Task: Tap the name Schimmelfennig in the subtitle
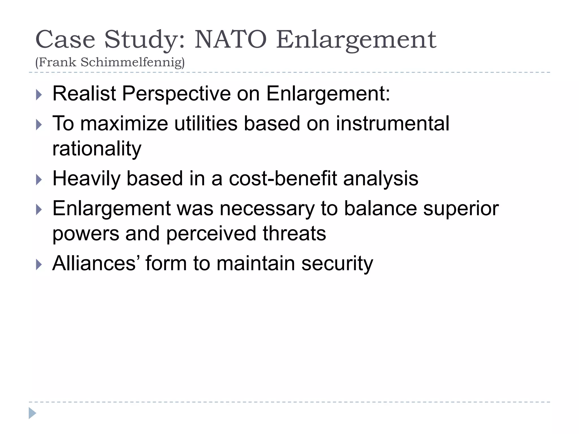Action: pos(132,62)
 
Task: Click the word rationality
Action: pos(97,149)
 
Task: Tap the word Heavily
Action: pos(86,179)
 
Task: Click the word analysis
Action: pos(381,179)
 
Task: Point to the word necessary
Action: pos(267,209)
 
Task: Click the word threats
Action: pos(294,233)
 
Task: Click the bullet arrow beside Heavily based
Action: pos(39,180)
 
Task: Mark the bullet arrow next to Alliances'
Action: pos(39,265)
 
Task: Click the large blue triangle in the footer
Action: pos(32,413)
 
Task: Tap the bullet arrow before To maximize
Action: pos(39,125)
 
